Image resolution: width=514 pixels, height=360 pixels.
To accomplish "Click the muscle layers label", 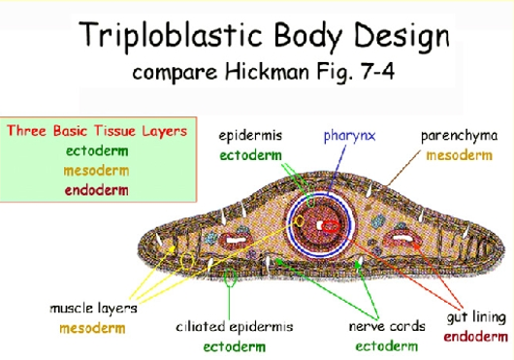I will tap(92, 309).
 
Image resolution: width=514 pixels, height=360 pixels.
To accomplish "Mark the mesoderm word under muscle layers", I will tap(92, 327).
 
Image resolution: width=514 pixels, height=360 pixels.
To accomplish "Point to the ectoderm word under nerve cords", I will tap(386, 344).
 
